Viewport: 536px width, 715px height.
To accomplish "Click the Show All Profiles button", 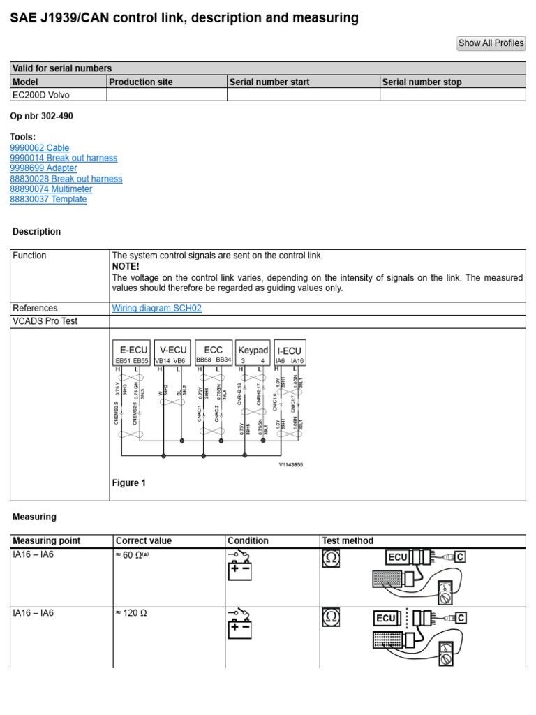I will pos(491,43).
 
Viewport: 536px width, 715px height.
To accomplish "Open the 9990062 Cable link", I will pos(40,148).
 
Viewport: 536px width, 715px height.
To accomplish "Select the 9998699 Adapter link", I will pos(43,168).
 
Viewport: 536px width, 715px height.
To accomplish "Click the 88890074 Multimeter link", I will pos(51,189).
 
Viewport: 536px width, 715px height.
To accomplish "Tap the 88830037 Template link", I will pos(48,199).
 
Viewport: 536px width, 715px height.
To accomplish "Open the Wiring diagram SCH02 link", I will pos(156,308).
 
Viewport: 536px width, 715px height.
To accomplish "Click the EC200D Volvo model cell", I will pos(41,95).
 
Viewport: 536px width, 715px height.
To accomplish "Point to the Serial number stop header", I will pos(422,82).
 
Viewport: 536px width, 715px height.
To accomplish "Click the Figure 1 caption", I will pos(129,483).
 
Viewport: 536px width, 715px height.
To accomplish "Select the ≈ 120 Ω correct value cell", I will pos(131,613).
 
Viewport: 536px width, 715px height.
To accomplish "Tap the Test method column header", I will pos(347,540).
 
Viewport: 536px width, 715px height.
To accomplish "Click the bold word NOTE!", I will pos(126,267).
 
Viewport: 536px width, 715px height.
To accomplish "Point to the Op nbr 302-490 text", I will pos(41,117).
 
